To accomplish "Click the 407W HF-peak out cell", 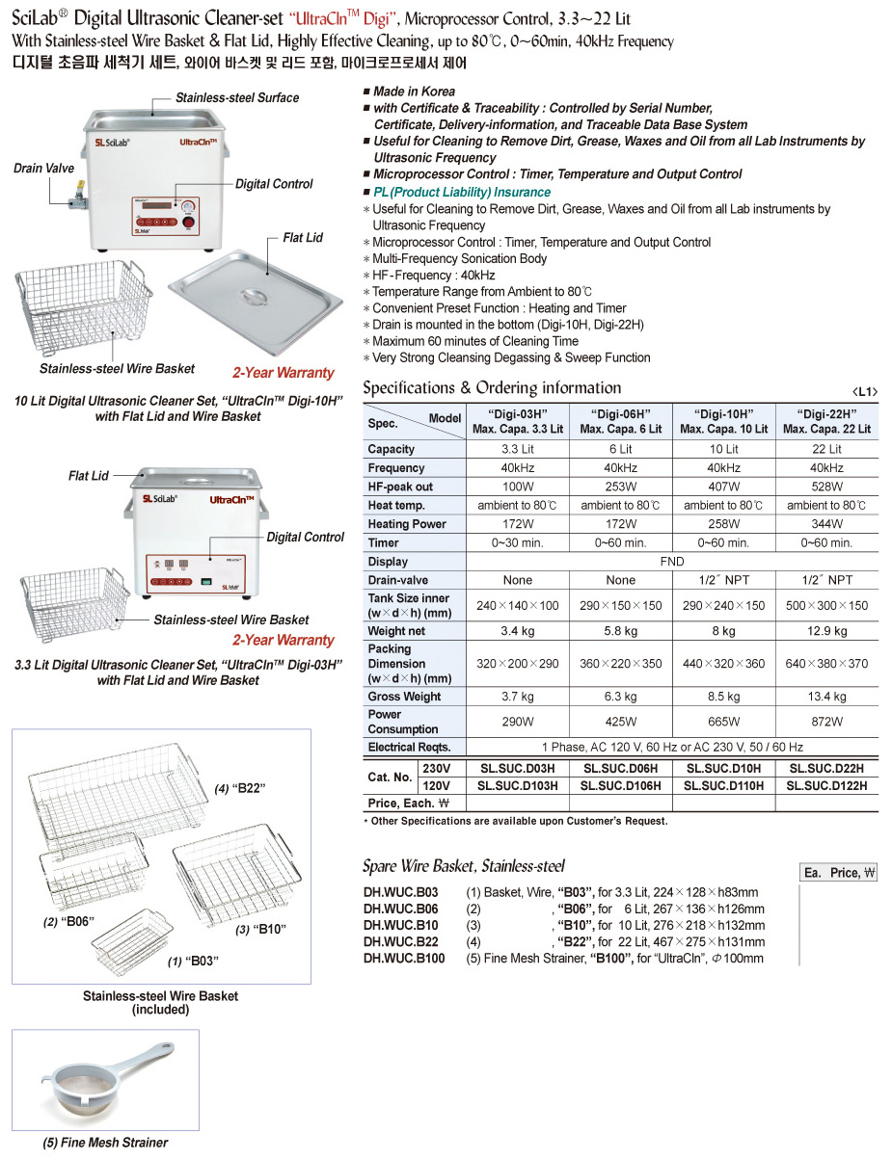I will coord(723,487).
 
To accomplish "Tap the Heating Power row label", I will coord(407,524).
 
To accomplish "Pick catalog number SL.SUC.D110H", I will coord(723,786).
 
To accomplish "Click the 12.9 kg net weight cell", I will coord(826,631).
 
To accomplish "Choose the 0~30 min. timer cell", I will coord(518,542).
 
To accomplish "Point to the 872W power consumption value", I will coord(826,722).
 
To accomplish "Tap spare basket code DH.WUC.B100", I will coord(404,959).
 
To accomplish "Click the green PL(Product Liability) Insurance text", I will coord(462,193).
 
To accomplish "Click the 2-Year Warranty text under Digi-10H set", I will coord(283,373).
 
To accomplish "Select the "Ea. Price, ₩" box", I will coord(839,873).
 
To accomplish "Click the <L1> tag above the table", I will coord(865,391).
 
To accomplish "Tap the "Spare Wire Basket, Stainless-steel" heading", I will coord(463,866).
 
